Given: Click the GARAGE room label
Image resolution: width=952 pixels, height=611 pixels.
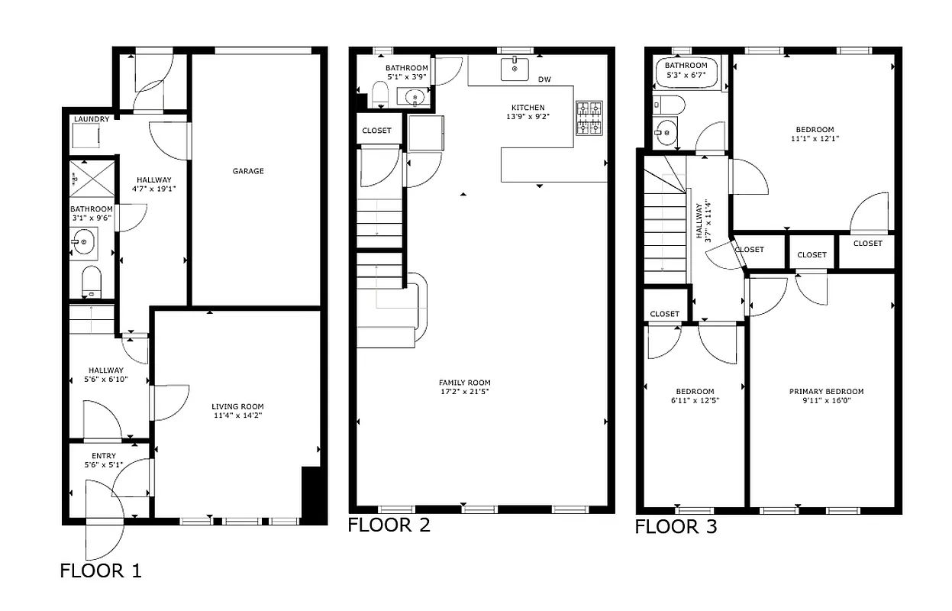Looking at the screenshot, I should pos(248,171).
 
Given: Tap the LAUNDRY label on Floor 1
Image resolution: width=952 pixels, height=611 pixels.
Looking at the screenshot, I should pos(92,119).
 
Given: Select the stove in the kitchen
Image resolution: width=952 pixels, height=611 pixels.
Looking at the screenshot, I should pos(589,118).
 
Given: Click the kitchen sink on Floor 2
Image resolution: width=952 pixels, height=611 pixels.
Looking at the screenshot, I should pos(515,68).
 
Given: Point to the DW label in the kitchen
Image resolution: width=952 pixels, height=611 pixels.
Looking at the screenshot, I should pos(544,79).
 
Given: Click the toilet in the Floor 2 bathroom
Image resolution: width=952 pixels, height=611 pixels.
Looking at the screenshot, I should pos(381,95).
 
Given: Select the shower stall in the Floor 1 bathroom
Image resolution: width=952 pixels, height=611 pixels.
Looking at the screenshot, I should pos(92,178).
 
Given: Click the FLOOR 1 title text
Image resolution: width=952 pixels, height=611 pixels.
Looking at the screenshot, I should pos(101,571).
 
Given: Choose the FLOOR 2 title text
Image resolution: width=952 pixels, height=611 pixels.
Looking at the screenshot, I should pos(389,525).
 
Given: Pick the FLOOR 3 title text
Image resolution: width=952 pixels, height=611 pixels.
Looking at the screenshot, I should pos(676,527).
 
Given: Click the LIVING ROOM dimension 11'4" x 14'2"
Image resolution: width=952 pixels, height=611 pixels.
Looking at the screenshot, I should pos(237,416).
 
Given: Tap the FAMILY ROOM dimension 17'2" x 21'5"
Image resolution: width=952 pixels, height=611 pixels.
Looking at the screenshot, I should pos(464,393).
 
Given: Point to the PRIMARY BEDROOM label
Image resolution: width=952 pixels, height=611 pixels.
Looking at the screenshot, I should pos(826,392).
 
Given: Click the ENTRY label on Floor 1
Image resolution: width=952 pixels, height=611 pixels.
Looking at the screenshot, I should pos(104,456).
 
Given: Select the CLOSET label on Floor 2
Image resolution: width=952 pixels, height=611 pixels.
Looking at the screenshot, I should pos(376,131).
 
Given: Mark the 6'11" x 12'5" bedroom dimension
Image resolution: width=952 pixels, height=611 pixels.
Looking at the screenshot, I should pos(695,400).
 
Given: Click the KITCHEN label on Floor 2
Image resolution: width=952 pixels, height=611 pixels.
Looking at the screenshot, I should pos(528,107).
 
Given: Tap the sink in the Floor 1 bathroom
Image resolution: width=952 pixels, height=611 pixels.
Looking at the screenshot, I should pos(83,244).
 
